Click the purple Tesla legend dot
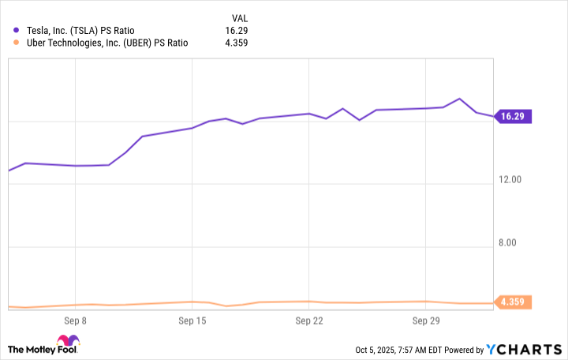[x=16, y=31]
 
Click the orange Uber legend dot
[x=16, y=43]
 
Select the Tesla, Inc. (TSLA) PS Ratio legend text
[x=84, y=31]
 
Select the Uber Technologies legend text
[x=106, y=43]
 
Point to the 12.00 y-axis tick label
[x=510, y=180]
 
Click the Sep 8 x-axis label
[x=74, y=321]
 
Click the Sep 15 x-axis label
[x=192, y=321]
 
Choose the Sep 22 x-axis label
[x=309, y=321]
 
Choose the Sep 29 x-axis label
[x=426, y=321]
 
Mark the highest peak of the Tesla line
[x=459, y=99]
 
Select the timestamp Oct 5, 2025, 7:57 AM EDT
[x=400, y=350]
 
